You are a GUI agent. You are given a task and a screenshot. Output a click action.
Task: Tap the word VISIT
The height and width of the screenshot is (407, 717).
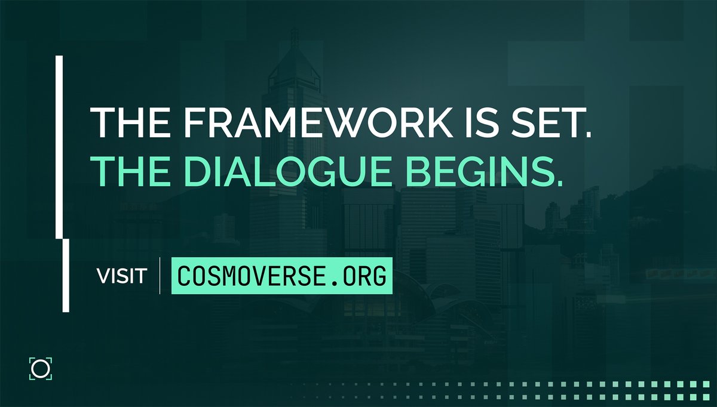point(122,276)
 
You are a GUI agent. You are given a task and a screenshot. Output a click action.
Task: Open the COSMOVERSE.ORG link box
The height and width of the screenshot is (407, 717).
point(281,276)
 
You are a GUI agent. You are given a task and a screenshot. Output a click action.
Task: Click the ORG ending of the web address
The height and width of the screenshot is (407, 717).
point(366,276)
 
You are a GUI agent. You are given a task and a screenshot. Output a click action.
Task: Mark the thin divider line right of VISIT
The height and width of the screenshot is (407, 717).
point(160,276)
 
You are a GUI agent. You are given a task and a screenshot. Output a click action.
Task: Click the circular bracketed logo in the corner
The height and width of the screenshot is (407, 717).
point(41,368)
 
